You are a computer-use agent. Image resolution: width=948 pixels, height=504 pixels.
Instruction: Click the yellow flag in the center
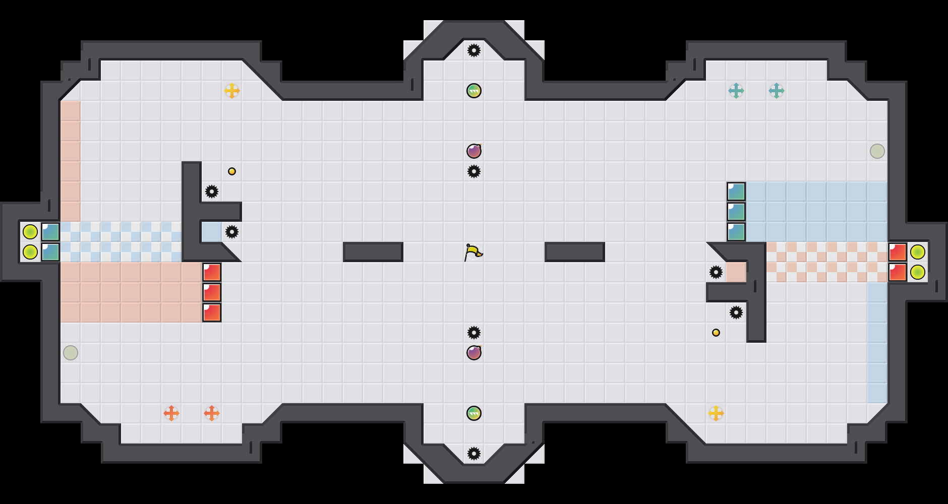coord(473,252)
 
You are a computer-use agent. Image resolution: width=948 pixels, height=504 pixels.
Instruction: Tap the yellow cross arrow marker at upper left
coord(232,91)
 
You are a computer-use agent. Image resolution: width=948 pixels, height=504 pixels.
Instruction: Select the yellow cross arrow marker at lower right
coord(716,413)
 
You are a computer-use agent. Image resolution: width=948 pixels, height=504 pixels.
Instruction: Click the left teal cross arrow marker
coord(736,91)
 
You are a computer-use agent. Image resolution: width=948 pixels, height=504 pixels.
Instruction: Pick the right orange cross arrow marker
coord(212,413)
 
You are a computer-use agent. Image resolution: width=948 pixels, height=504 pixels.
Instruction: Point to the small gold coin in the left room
coord(232,171)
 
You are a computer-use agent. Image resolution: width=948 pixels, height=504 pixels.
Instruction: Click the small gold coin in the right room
coord(716,333)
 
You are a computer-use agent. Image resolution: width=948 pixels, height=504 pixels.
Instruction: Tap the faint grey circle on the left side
coord(71,353)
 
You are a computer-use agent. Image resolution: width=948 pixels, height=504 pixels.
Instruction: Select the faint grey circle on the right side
coord(877,151)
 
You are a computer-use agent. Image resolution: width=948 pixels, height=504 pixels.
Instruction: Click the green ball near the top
coord(474,91)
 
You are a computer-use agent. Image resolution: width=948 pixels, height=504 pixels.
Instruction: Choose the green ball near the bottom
coord(474,413)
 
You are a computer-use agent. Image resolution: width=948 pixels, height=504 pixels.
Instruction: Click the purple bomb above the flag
coord(474,151)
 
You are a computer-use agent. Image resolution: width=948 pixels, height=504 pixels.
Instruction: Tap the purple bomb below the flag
coord(474,353)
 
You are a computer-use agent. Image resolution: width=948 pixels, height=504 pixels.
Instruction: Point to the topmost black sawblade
coord(474,50)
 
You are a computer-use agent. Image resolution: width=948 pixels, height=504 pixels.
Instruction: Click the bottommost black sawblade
coord(474,454)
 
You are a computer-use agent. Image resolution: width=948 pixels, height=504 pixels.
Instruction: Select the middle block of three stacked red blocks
coord(212,292)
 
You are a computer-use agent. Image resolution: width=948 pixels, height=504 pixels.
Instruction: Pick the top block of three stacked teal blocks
coord(736,192)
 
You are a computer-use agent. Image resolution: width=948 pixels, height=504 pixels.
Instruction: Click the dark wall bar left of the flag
coord(373,252)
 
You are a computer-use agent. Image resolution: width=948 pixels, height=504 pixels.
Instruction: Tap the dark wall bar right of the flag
coord(575,252)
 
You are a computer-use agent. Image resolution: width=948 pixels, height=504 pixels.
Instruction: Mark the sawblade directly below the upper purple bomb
coord(474,171)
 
